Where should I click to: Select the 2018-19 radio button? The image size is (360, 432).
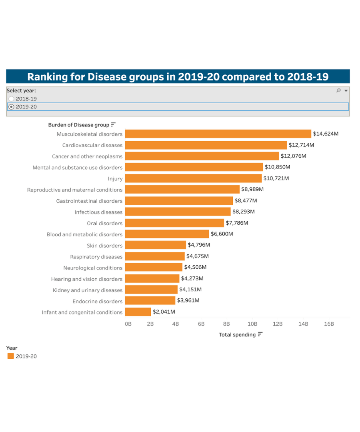(11, 99)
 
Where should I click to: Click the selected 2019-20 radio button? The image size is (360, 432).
(11, 107)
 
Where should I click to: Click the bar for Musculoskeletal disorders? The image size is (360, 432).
(218, 134)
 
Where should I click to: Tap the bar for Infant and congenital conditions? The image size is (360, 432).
(138, 312)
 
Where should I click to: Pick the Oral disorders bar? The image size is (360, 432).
(174, 223)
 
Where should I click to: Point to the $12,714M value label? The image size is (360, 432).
(301, 145)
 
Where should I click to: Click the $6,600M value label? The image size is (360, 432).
(222, 234)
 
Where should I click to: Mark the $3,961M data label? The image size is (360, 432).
(188, 300)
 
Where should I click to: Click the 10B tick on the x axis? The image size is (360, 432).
(252, 324)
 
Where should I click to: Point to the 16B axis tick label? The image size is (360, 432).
(328, 324)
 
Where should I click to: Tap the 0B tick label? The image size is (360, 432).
(128, 324)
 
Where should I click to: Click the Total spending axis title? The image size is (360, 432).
(237, 335)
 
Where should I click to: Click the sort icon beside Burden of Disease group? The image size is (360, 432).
(113, 125)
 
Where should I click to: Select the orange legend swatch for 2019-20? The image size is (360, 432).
(10, 356)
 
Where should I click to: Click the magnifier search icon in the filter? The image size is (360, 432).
(338, 91)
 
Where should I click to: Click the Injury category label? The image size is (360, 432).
(115, 179)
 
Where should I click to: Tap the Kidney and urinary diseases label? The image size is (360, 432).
(88, 290)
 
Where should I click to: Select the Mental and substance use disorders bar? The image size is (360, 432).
(194, 167)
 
